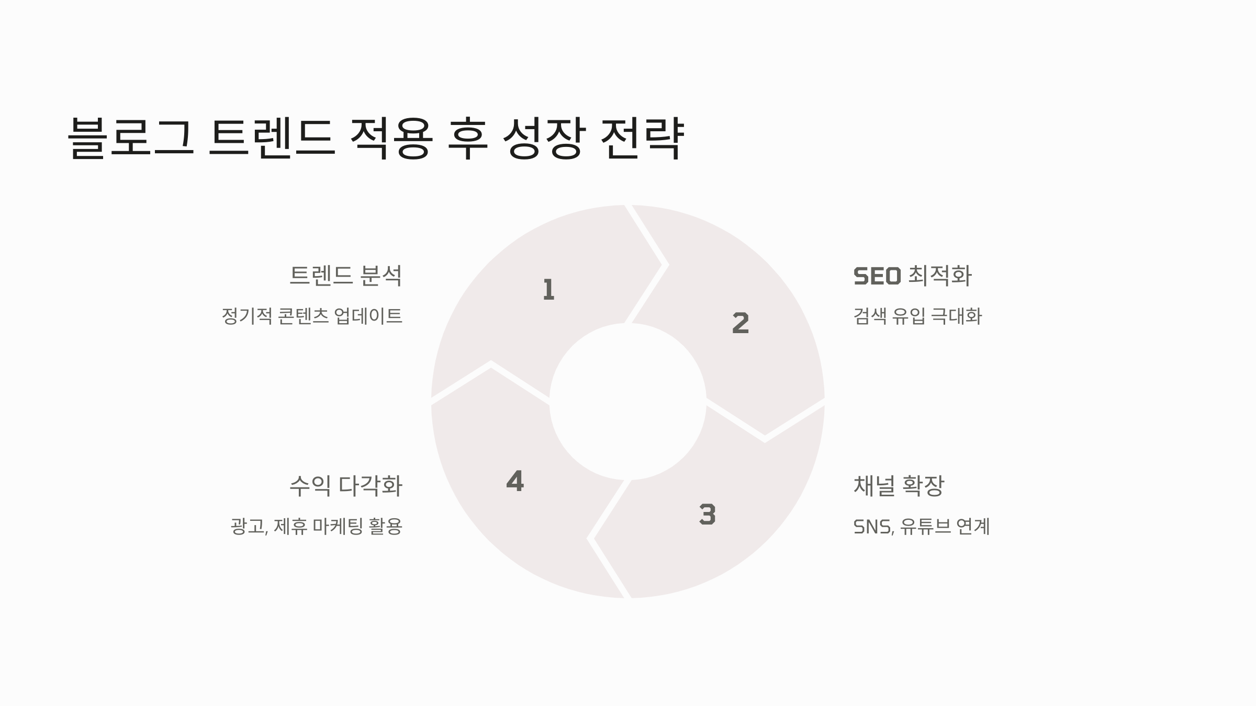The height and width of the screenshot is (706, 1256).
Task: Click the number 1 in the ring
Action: pyautogui.click(x=548, y=289)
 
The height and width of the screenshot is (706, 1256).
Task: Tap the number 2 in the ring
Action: pyautogui.click(x=741, y=323)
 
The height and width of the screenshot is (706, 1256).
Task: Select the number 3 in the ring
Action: pyautogui.click(x=707, y=515)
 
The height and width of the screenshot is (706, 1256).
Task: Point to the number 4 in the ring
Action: pyautogui.click(x=515, y=481)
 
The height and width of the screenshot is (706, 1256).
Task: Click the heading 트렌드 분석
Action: pyautogui.click(x=345, y=276)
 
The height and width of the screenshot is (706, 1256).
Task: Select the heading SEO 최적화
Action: pyautogui.click(x=912, y=276)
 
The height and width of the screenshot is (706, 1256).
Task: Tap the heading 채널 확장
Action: pyautogui.click(x=899, y=486)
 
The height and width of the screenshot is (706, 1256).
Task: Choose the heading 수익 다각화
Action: pyautogui.click(x=345, y=486)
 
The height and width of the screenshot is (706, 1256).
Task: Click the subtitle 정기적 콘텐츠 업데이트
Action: pyautogui.click(x=312, y=316)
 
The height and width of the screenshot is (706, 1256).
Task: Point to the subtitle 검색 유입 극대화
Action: pyautogui.click(x=917, y=316)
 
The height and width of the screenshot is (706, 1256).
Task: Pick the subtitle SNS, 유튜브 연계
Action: pyautogui.click(x=921, y=526)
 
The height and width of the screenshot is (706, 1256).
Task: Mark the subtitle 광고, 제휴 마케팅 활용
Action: pyautogui.click(x=316, y=526)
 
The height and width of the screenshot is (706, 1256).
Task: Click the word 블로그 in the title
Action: pyautogui.click(x=131, y=137)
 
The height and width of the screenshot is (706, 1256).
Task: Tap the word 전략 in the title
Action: pyautogui.click(x=642, y=137)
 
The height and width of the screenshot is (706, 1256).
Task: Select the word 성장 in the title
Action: pyautogui.click(x=542, y=137)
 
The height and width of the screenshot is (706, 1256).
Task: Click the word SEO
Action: pyautogui.click(x=877, y=276)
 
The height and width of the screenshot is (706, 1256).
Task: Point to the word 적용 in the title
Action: pyautogui.click(x=391, y=137)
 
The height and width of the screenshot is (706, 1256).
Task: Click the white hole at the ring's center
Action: pyautogui.click(x=627, y=402)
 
